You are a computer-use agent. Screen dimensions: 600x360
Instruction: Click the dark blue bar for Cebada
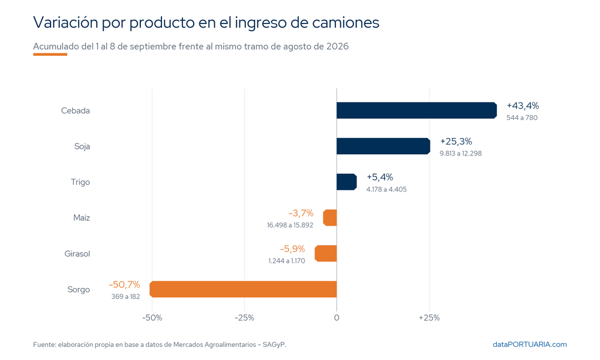tap(417, 110)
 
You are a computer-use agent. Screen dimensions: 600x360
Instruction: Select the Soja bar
tap(383, 146)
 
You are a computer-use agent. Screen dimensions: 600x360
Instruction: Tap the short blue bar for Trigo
tap(347, 182)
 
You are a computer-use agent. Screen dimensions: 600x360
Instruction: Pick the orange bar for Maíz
tap(330, 218)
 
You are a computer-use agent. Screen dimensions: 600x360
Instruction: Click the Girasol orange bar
tap(326, 253)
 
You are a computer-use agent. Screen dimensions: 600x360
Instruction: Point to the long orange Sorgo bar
tap(243, 289)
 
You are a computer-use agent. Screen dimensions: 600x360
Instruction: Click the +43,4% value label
tap(523, 106)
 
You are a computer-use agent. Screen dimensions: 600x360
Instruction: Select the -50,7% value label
tap(124, 284)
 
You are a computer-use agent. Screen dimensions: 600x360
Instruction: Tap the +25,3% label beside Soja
tap(456, 142)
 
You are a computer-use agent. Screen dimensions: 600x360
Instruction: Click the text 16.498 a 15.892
tap(290, 225)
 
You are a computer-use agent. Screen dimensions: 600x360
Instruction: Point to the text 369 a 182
tap(125, 296)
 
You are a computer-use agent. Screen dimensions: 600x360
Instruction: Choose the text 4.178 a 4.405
tap(386, 190)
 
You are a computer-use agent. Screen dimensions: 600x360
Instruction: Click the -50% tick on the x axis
tap(152, 318)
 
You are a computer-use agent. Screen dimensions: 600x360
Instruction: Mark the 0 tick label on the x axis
tap(337, 318)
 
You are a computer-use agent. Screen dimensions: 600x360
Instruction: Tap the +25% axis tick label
tap(430, 318)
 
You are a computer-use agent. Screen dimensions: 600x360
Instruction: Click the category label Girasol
tap(77, 254)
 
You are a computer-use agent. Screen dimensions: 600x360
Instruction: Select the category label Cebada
tap(76, 110)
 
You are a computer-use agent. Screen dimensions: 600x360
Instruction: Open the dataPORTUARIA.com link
tap(530, 344)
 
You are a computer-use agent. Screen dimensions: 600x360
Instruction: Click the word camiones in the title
tap(346, 23)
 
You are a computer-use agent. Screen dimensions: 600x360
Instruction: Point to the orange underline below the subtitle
tap(50, 55)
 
